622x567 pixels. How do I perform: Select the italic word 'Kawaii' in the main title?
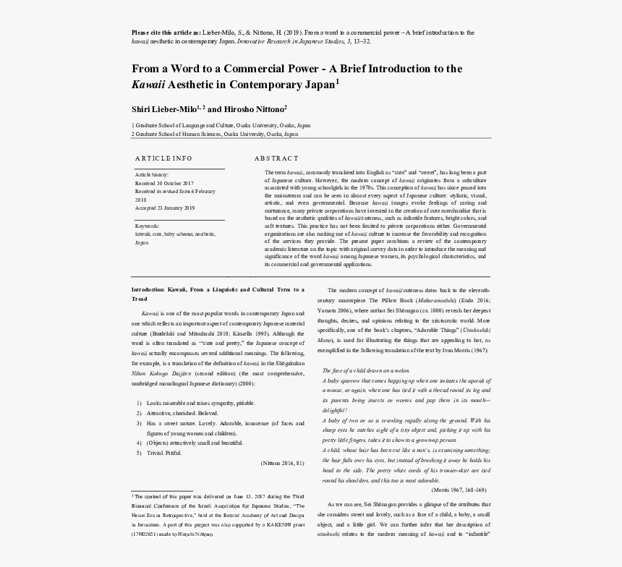148,85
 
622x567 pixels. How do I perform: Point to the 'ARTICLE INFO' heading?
163,158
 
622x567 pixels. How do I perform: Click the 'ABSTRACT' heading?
276,158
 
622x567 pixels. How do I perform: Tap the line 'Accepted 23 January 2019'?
165,208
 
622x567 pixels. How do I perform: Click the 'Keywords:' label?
147,226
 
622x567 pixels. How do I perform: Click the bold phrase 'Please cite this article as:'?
166,33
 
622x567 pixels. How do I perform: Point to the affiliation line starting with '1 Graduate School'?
221,125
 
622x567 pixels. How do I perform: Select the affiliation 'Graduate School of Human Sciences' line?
214,134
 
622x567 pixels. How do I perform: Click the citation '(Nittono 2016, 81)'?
281,463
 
